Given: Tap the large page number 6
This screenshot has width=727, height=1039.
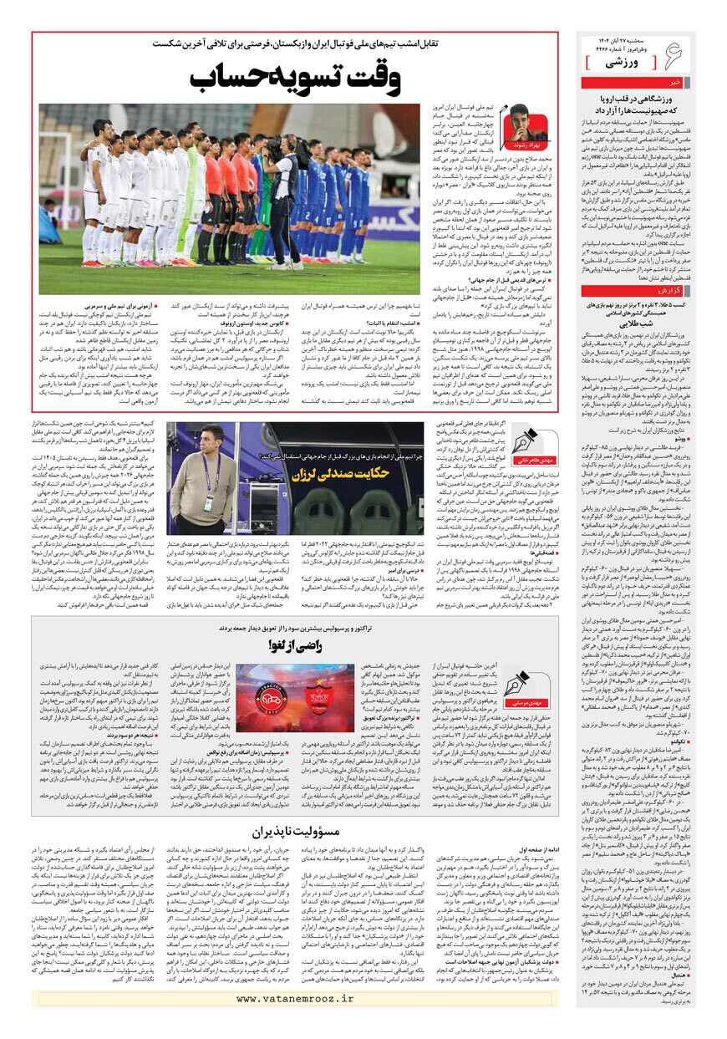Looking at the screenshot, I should coord(674,57).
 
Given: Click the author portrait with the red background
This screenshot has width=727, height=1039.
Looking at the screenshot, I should coord(519,125).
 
